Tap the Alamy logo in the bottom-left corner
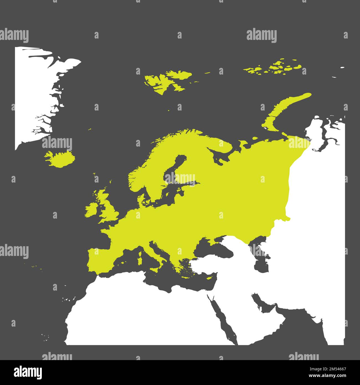click(x=28, y=372)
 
